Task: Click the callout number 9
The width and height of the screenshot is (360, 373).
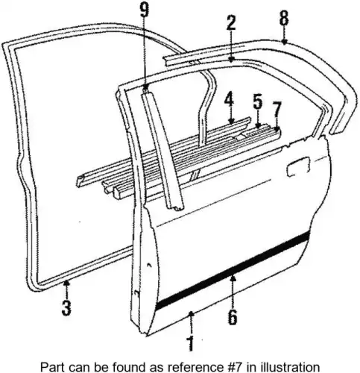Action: pos(145,10)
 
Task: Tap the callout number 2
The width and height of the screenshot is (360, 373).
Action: pos(231,23)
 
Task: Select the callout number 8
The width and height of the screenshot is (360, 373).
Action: pos(284,18)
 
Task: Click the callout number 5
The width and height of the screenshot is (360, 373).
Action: pos(258,101)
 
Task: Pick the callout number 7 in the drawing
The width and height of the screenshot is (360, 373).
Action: pos(277,110)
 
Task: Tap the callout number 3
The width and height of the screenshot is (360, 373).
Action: pos(66,308)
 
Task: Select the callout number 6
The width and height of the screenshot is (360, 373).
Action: pos(233,317)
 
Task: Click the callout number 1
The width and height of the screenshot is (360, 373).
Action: pos(191,344)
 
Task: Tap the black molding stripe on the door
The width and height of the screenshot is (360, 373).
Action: pos(233,271)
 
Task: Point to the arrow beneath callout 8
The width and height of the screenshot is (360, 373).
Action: pos(284,35)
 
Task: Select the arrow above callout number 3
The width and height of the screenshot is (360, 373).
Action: pos(66,289)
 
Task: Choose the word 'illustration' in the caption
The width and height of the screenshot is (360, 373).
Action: pos(290,367)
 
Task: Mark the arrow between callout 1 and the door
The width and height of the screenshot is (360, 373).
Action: pos(191,323)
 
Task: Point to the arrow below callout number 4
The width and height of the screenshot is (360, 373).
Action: pos(231,115)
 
